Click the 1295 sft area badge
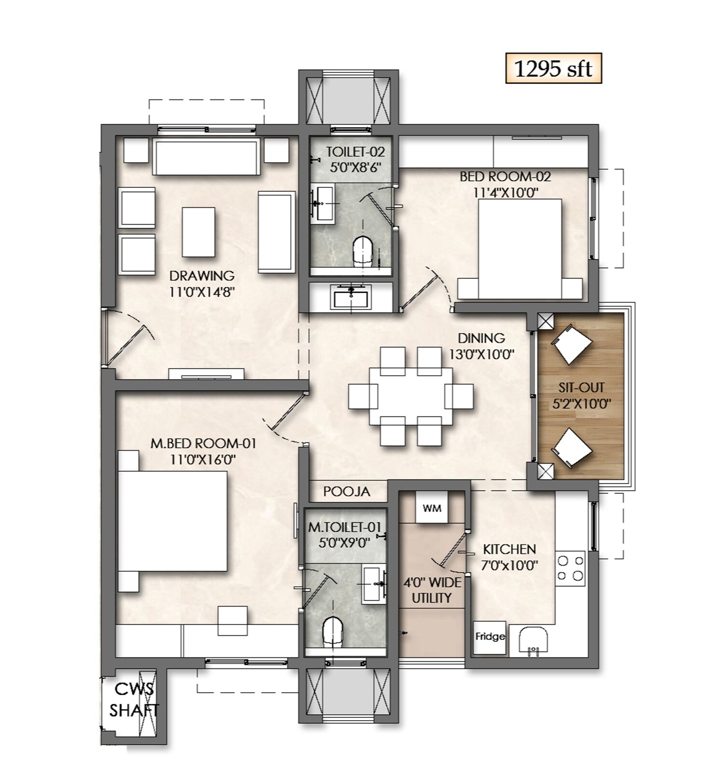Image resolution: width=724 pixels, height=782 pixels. pos(553,69)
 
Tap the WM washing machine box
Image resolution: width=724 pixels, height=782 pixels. pos(432,508)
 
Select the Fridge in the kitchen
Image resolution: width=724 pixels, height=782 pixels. pos(489,637)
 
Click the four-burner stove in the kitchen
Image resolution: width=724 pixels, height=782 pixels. pos(570,568)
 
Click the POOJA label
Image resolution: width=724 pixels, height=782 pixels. pos(347,492)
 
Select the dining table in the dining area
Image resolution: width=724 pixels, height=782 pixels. pos(410,396)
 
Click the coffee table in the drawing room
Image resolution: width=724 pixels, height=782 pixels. pos(198,232)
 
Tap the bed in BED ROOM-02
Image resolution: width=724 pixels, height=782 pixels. pos(520,249)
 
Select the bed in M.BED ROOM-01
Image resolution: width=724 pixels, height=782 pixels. pos(172,521)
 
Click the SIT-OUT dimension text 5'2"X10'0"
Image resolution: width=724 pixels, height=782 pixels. pos(581,403)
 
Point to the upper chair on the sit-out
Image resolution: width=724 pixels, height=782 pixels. pos(571,345)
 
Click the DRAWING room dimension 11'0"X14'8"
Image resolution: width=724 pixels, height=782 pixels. pos(202,292)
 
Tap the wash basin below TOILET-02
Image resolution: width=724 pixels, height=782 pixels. pos(351,296)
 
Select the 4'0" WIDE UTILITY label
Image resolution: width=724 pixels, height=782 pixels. pos(432,590)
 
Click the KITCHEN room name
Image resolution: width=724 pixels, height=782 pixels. pos(509,549)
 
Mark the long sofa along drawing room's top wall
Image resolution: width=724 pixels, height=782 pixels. pos(206,157)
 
